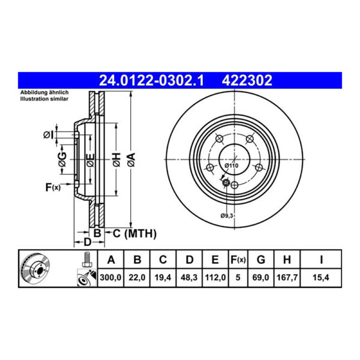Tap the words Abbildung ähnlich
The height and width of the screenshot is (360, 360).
coord(45,93)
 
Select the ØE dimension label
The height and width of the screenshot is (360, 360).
coord(89,158)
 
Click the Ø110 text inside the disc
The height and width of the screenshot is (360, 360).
coord(232,164)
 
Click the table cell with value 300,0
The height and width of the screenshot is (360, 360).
coord(110,278)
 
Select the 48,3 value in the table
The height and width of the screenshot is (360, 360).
coord(190,278)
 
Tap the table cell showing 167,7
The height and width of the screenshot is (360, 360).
coord(287,278)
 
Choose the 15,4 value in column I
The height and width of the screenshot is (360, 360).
coord(322,278)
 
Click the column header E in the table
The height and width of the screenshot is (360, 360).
coord(215,260)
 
